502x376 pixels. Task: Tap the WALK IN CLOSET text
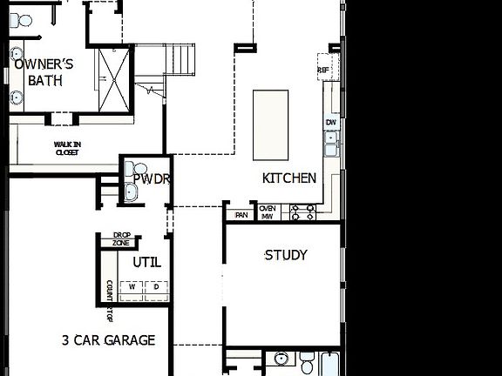[x=67, y=149]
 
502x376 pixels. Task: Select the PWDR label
[x=152, y=179]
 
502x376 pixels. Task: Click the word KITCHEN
[x=289, y=178]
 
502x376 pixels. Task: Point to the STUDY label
[x=286, y=255]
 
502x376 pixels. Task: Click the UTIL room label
[x=146, y=261]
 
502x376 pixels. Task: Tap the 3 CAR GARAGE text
[x=108, y=339]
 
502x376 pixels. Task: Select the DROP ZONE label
[x=121, y=238]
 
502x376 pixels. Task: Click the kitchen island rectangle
[x=271, y=124]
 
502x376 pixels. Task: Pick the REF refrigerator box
[x=323, y=70]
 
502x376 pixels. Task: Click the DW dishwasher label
[x=331, y=124]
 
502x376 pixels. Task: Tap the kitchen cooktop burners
[x=302, y=211]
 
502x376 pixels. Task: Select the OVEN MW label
[x=268, y=211]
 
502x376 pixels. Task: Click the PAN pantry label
[x=241, y=214]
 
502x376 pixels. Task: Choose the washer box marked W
[x=132, y=286]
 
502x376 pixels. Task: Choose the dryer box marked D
[x=156, y=286]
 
